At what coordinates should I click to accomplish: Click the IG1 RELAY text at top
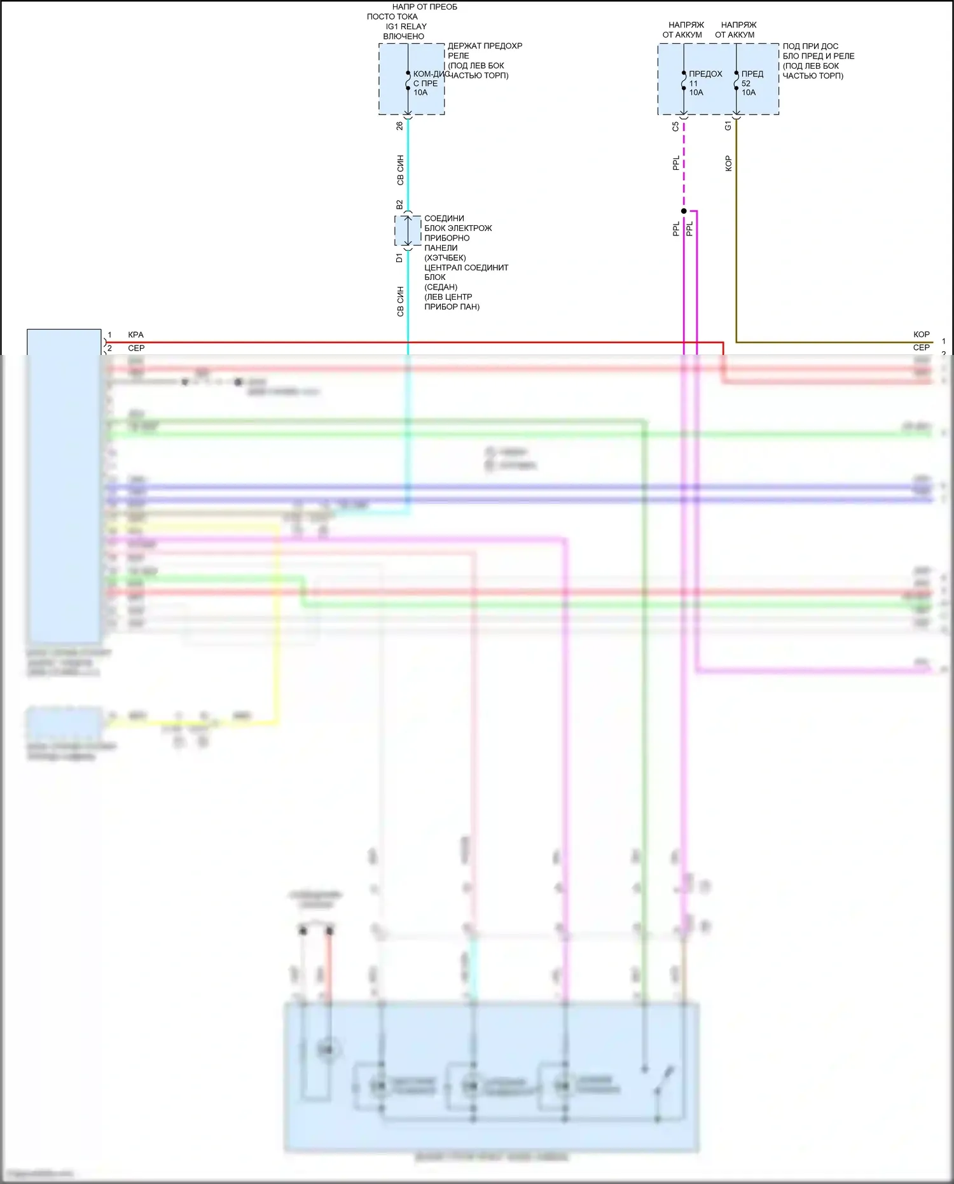[406, 26]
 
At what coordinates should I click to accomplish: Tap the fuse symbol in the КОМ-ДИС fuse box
[408, 81]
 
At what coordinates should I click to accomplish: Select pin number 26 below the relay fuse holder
[399, 126]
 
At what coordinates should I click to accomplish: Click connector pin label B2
[399, 205]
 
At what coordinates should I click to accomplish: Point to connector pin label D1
[399, 258]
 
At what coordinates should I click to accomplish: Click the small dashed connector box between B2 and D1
[408, 231]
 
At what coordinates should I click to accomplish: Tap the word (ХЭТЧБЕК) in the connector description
[445, 258]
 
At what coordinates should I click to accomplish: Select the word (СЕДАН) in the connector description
[441, 287]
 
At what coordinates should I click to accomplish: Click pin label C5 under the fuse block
[675, 126]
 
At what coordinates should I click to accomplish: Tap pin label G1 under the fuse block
[728, 126]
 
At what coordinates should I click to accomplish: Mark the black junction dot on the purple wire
[684, 211]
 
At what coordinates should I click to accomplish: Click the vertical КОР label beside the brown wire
[728, 164]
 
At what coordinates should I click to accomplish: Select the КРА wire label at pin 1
[135, 335]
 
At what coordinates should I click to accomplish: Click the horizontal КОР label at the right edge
[921, 334]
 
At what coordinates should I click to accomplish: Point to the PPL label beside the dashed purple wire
[676, 163]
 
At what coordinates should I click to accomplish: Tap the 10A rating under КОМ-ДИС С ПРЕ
[420, 92]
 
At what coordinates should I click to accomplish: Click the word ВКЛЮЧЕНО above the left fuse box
[403, 36]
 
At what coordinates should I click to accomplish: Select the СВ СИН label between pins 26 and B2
[400, 170]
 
